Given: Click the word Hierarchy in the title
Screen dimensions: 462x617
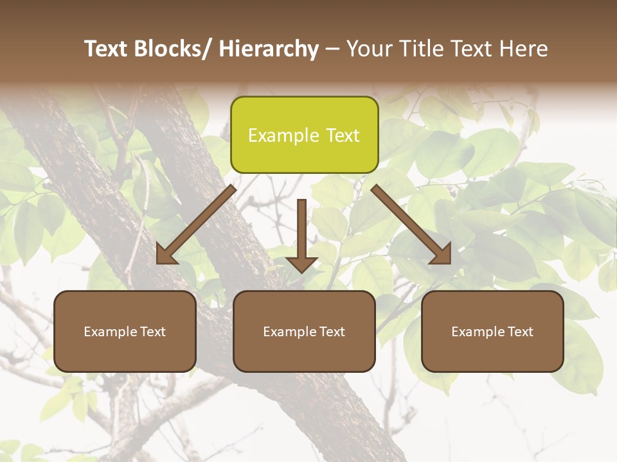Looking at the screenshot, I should coord(268,49).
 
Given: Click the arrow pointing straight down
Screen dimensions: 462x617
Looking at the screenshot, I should coord(301,231).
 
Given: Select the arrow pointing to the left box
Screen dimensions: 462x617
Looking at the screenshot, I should coord(196,225).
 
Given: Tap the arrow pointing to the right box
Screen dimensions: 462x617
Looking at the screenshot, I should coord(411,225).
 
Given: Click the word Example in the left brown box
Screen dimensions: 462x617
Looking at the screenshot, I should coord(110,332).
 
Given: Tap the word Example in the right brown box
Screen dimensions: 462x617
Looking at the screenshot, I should coord(478,332).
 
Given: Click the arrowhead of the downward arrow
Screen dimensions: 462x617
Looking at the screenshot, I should coord(301,263).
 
